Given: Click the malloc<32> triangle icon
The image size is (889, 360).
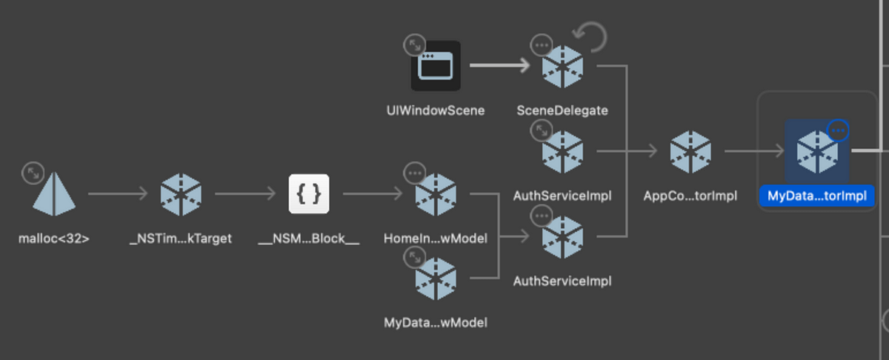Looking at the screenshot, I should (55, 196).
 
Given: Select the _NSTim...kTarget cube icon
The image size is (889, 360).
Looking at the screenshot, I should (181, 196).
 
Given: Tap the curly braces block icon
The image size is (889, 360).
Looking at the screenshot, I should (308, 196).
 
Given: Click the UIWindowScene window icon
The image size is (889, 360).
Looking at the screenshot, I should (436, 66).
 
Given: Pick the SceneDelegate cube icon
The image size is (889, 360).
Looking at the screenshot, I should (562, 66).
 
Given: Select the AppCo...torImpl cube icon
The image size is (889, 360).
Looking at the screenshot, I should (690, 152).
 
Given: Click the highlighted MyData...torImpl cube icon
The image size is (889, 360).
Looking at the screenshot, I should (817, 152).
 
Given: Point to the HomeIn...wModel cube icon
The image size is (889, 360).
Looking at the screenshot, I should (436, 196).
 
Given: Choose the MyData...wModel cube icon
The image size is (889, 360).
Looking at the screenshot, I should (436, 279).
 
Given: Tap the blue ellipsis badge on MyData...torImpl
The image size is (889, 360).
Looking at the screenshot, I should (838, 130).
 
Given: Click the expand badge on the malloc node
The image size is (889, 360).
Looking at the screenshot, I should (33, 173).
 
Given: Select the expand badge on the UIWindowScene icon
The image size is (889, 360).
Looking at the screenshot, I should (415, 45).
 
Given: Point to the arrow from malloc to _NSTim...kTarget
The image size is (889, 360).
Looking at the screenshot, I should (118, 196).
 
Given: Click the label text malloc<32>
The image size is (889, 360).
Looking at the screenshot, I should (54, 239).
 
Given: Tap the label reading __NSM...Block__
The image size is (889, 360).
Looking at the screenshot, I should (308, 239).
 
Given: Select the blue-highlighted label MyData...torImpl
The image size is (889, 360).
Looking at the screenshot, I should (817, 196).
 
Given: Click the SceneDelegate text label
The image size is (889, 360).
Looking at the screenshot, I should (562, 111).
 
